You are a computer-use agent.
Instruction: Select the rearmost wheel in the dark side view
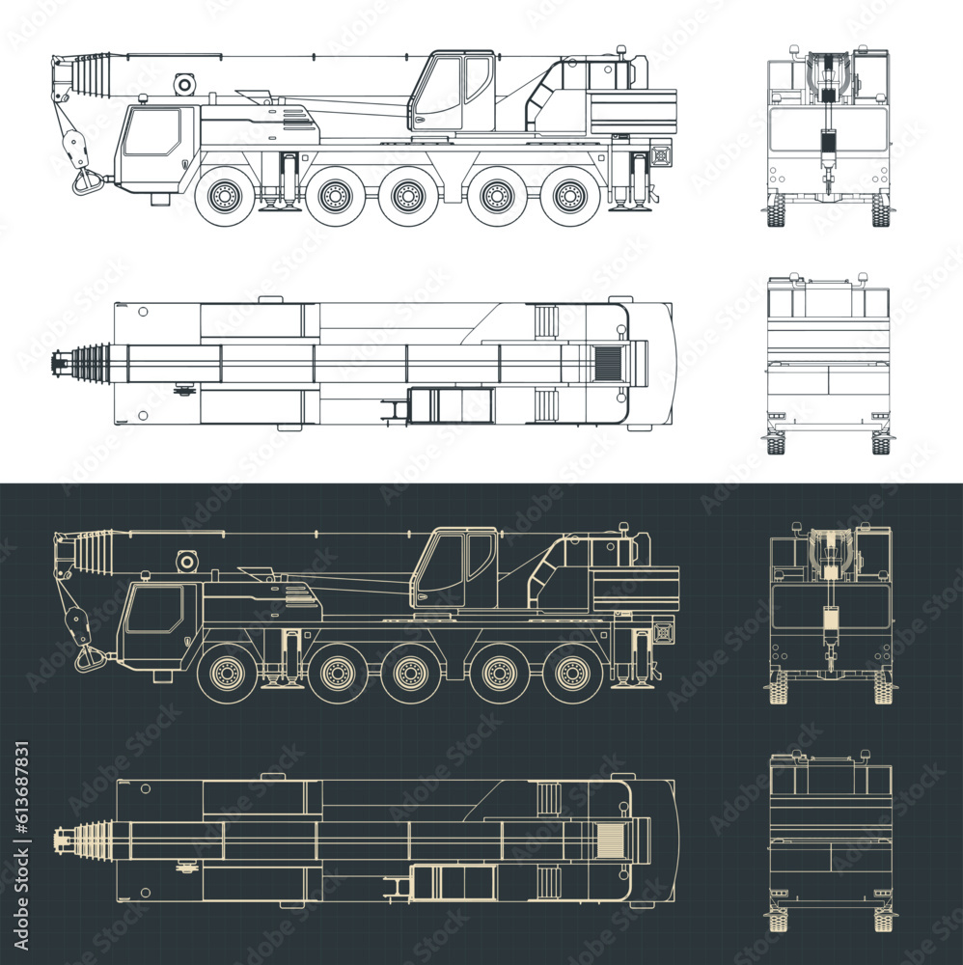[x=572, y=673]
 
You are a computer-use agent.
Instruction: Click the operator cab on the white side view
[x=451, y=93]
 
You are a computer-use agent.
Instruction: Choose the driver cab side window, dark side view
[x=154, y=610]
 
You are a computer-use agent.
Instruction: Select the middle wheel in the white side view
[x=406, y=197]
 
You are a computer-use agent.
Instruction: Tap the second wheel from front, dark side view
[x=336, y=673]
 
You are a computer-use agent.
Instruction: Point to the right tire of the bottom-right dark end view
[x=882, y=920]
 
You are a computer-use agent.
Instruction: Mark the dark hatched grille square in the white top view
[x=609, y=364]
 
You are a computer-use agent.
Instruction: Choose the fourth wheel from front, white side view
[x=496, y=197]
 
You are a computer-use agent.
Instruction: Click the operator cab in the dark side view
[x=454, y=569]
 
